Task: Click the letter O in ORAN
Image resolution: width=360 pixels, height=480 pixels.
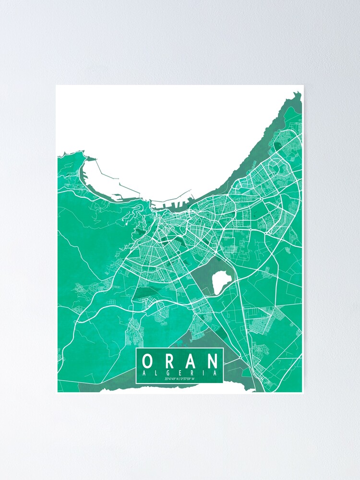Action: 148,360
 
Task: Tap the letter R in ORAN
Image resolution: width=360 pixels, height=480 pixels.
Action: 169,360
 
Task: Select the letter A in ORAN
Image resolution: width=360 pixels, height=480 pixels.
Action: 191,360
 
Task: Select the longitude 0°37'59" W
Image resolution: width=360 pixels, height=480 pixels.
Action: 189,379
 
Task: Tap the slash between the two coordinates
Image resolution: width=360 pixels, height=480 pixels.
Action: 180,379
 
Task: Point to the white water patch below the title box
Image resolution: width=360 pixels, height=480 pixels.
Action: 206,388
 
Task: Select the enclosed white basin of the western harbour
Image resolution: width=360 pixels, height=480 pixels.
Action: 98,178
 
